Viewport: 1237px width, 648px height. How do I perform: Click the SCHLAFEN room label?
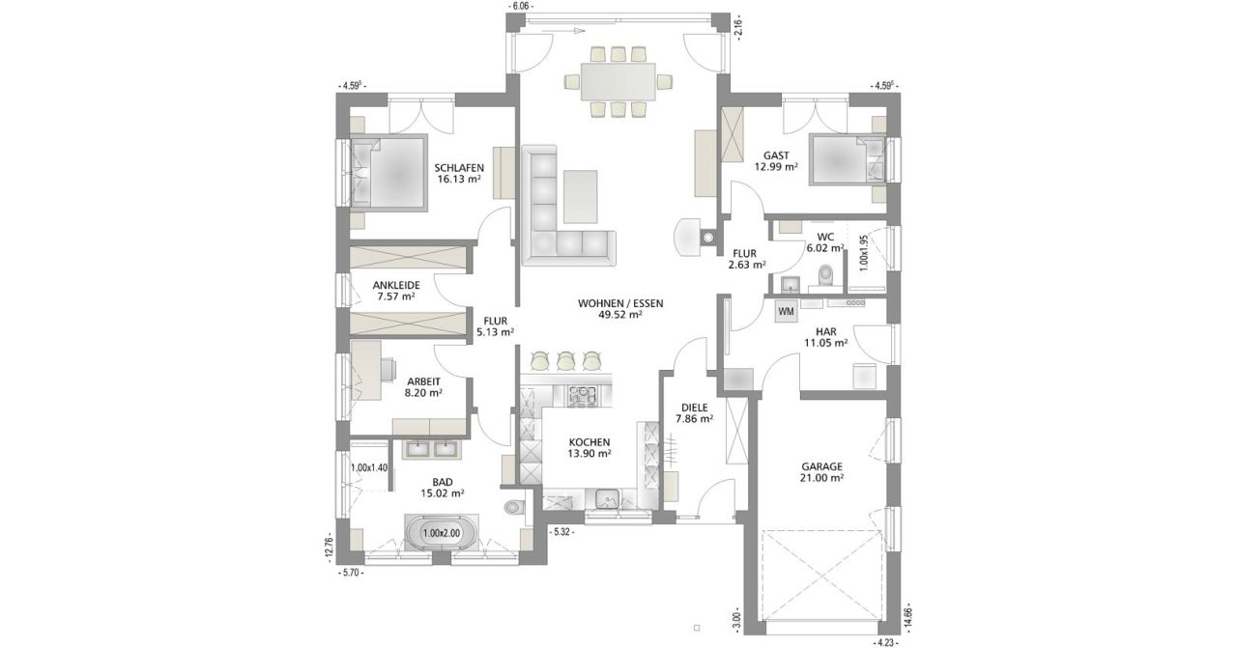click(x=459, y=168)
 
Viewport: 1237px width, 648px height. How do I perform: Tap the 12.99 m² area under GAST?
click(x=776, y=167)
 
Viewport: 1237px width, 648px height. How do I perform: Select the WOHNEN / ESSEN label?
click(x=620, y=303)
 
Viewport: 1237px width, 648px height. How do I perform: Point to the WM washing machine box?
click(x=786, y=311)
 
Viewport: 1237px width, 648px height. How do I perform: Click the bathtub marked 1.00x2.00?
click(x=442, y=533)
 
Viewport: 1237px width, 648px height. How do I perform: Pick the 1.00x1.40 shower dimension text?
click(x=369, y=467)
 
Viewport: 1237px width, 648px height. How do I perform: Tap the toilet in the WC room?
click(x=825, y=274)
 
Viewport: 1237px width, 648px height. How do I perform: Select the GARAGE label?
click(x=822, y=467)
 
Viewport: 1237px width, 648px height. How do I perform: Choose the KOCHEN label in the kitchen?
click(x=590, y=442)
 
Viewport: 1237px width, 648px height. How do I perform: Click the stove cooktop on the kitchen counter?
click(x=582, y=396)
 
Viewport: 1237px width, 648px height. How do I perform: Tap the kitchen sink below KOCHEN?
click(x=609, y=500)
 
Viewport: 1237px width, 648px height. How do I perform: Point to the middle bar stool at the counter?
click(x=565, y=360)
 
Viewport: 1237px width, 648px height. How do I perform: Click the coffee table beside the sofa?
click(x=581, y=195)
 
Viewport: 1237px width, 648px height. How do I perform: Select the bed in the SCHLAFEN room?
click(x=388, y=172)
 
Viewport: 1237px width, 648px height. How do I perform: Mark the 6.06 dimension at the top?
click(x=521, y=6)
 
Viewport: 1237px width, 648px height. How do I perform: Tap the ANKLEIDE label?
click(x=396, y=285)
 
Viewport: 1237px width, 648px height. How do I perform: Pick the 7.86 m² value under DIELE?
click(x=694, y=419)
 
